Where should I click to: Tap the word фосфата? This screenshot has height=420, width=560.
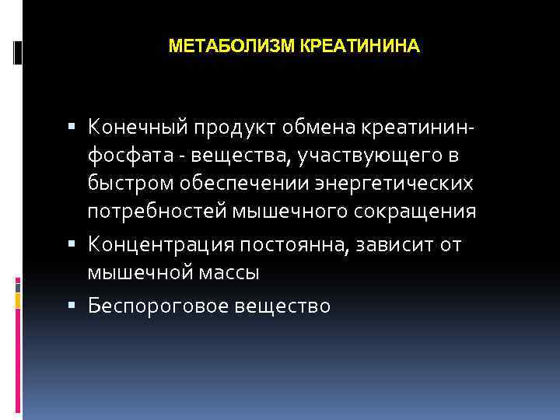pyautogui.click(x=123, y=156)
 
